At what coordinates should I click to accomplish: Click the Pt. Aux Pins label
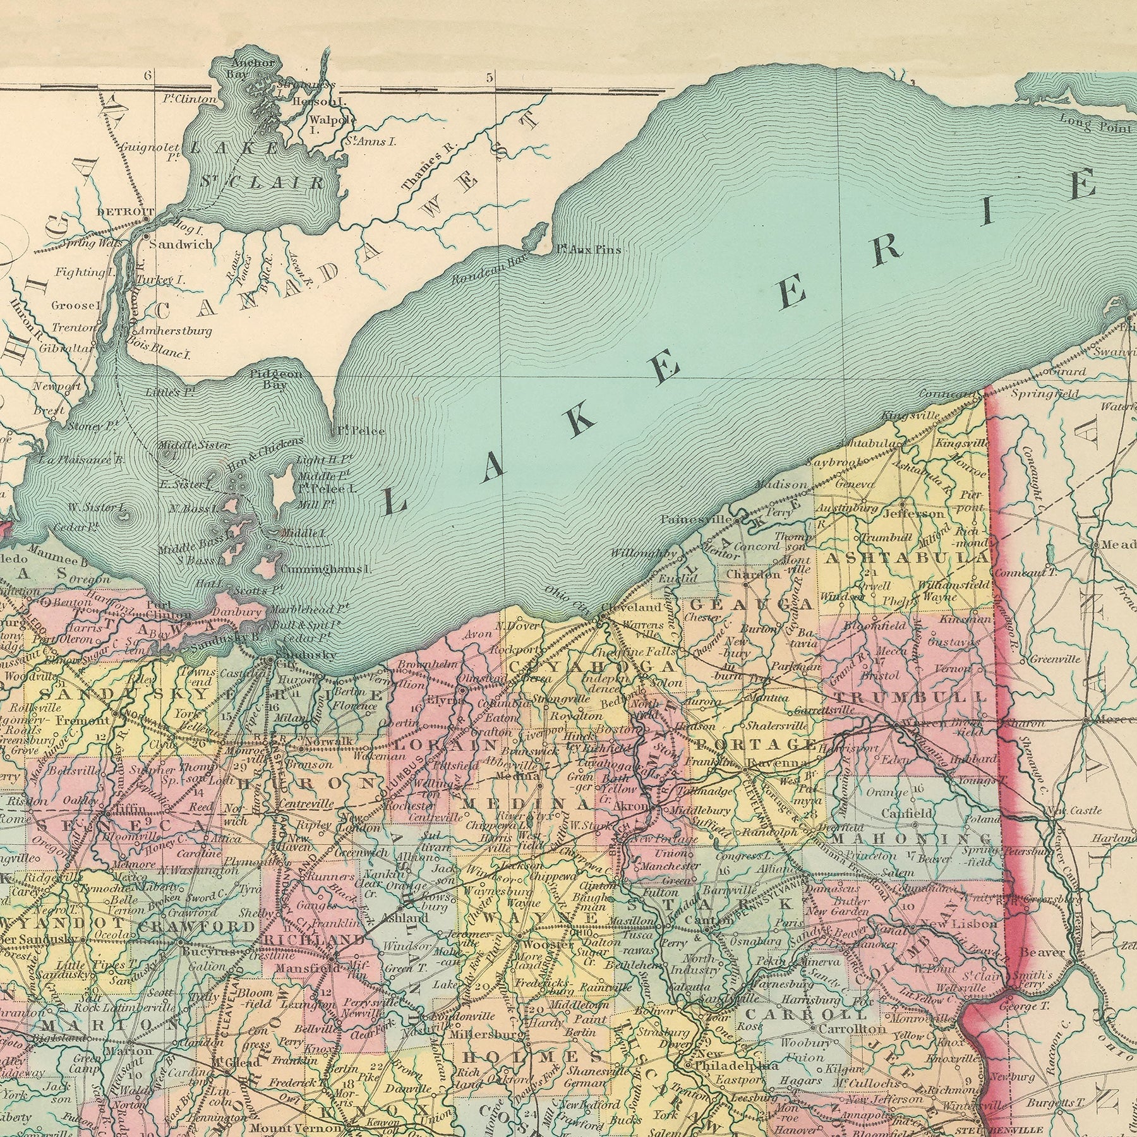[588, 250]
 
